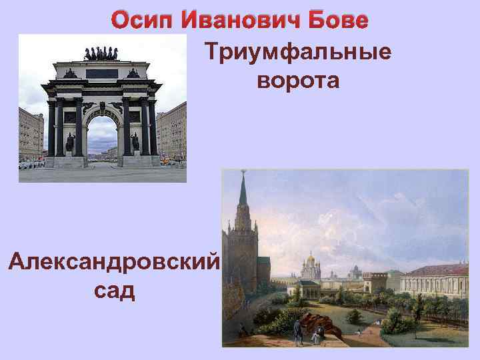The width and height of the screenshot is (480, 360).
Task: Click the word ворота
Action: pyautogui.click(x=297, y=81)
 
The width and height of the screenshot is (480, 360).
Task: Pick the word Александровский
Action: pyautogui.click(x=113, y=261)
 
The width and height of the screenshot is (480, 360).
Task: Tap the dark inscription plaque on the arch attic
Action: pyautogui.click(x=101, y=73)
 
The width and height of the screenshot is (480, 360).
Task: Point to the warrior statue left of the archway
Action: pyautogui.click(x=70, y=142)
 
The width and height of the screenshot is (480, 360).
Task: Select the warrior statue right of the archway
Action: pyautogui.click(x=135, y=142)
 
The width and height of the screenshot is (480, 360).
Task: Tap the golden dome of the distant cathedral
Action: pyautogui.click(x=309, y=257)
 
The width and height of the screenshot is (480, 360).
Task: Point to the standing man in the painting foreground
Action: pyautogui.click(x=298, y=328)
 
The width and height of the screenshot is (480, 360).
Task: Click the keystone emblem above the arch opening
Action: pyautogui.click(x=102, y=106)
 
